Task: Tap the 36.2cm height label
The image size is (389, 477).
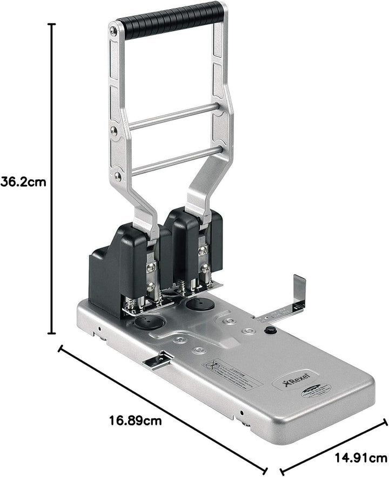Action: pos(23,182)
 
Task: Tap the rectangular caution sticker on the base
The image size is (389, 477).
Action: pos(232,372)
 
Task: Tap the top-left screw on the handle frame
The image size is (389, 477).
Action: pos(113,31)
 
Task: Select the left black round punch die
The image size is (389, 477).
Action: pos(147,323)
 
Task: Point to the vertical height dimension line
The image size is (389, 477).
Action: pos(52,178)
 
